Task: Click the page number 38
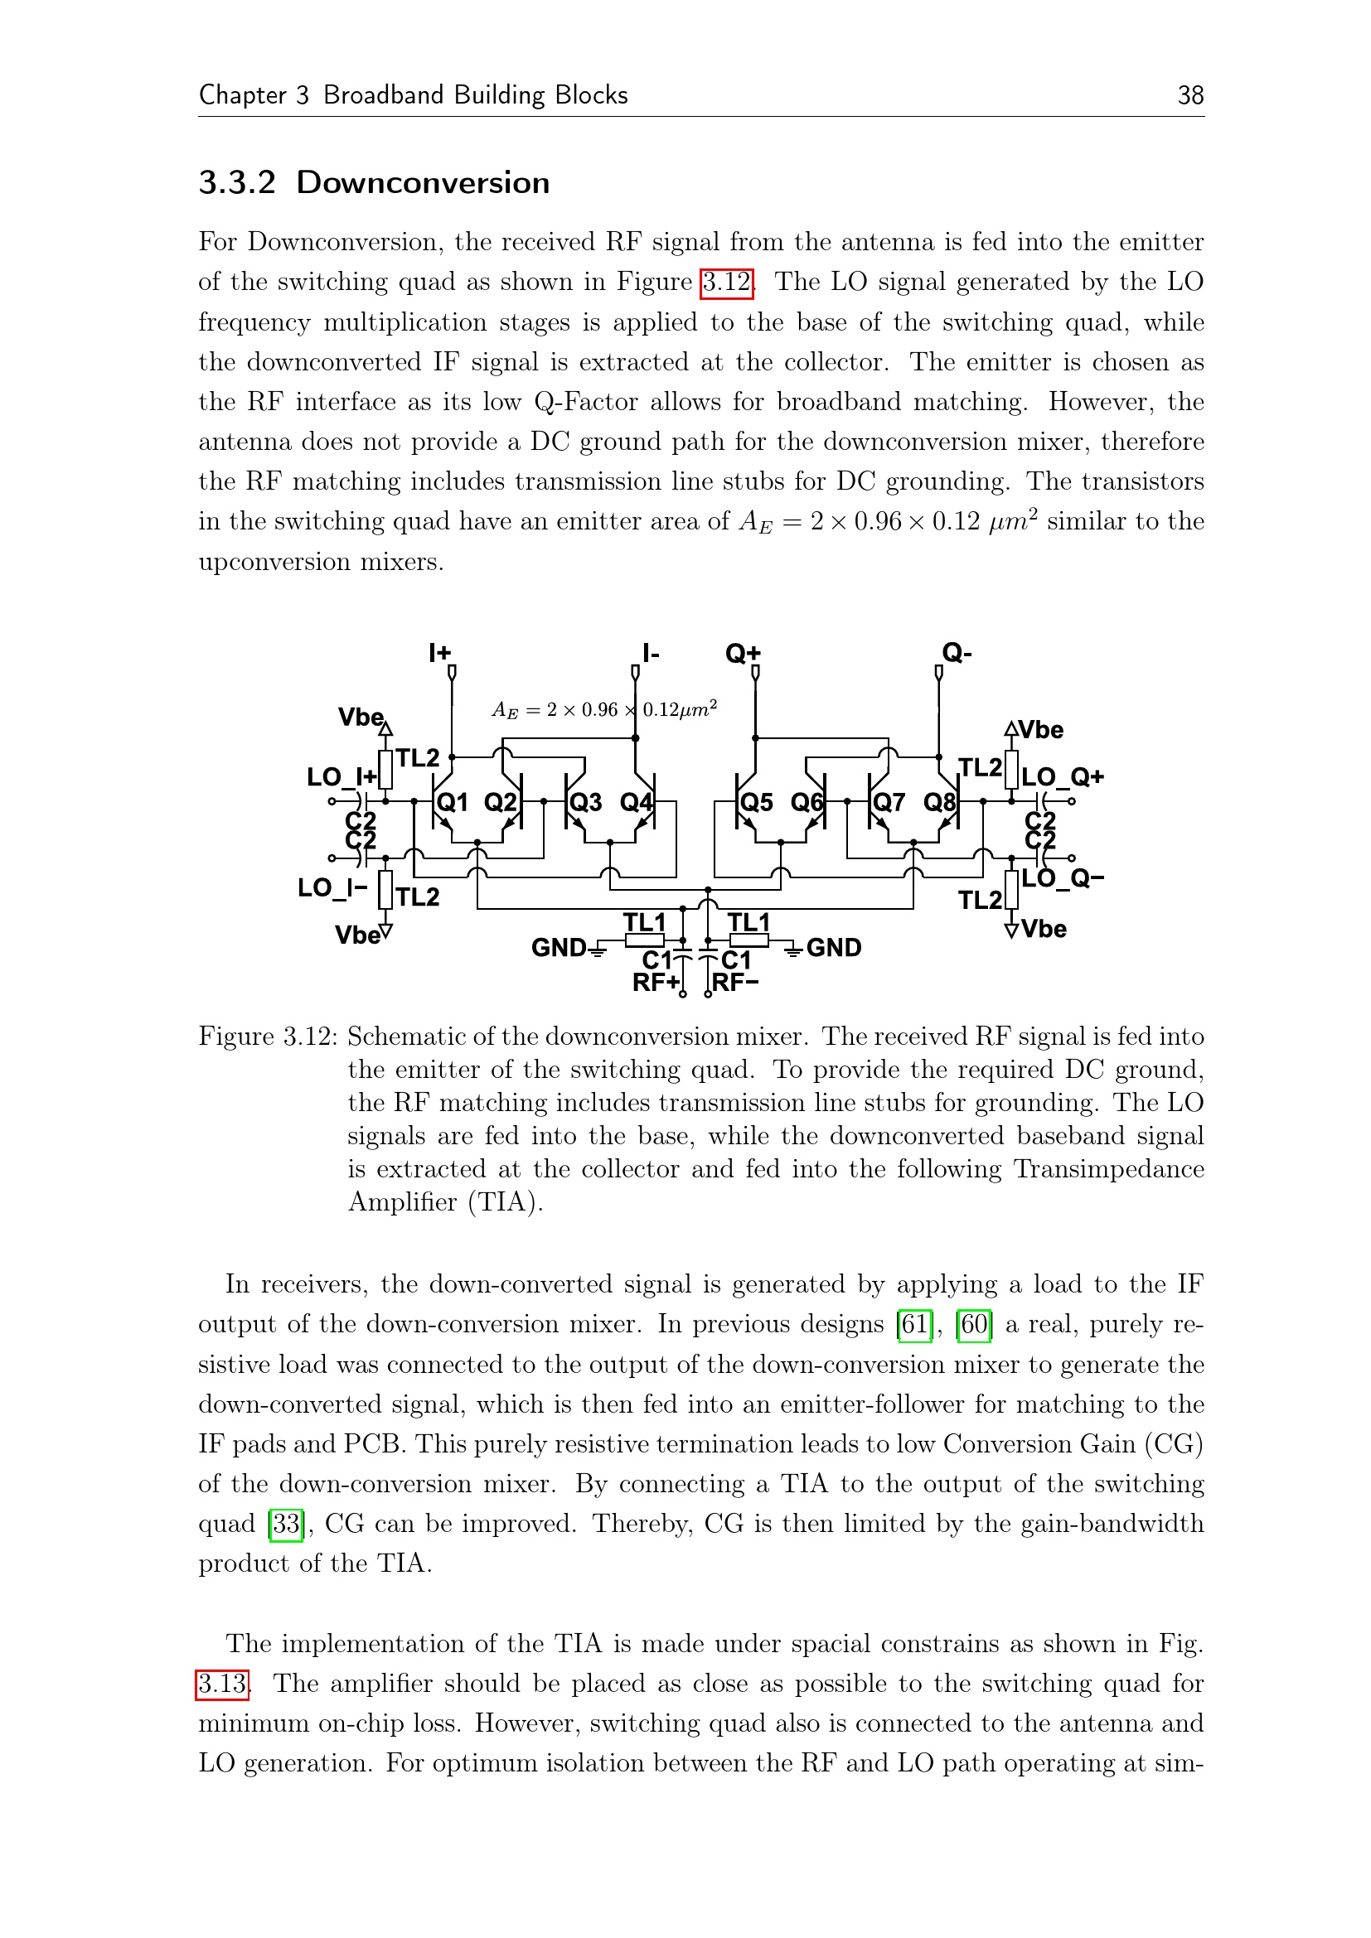tap(1189, 94)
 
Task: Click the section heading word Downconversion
tap(422, 182)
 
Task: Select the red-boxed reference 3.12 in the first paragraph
tap(726, 282)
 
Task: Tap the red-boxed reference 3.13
tap(222, 1683)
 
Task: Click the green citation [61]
tap(914, 1324)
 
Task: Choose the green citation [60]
tap(974, 1324)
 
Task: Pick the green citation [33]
tap(286, 1524)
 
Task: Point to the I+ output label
tap(440, 652)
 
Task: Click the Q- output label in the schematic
tap(957, 652)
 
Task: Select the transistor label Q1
tap(453, 802)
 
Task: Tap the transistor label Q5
tap(757, 802)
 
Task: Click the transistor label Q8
tap(939, 802)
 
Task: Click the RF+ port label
tap(655, 983)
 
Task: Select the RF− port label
tap(735, 983)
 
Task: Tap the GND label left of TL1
tap(558, 948)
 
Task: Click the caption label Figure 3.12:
tap(269, 1037)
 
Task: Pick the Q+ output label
tap(743, 652)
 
